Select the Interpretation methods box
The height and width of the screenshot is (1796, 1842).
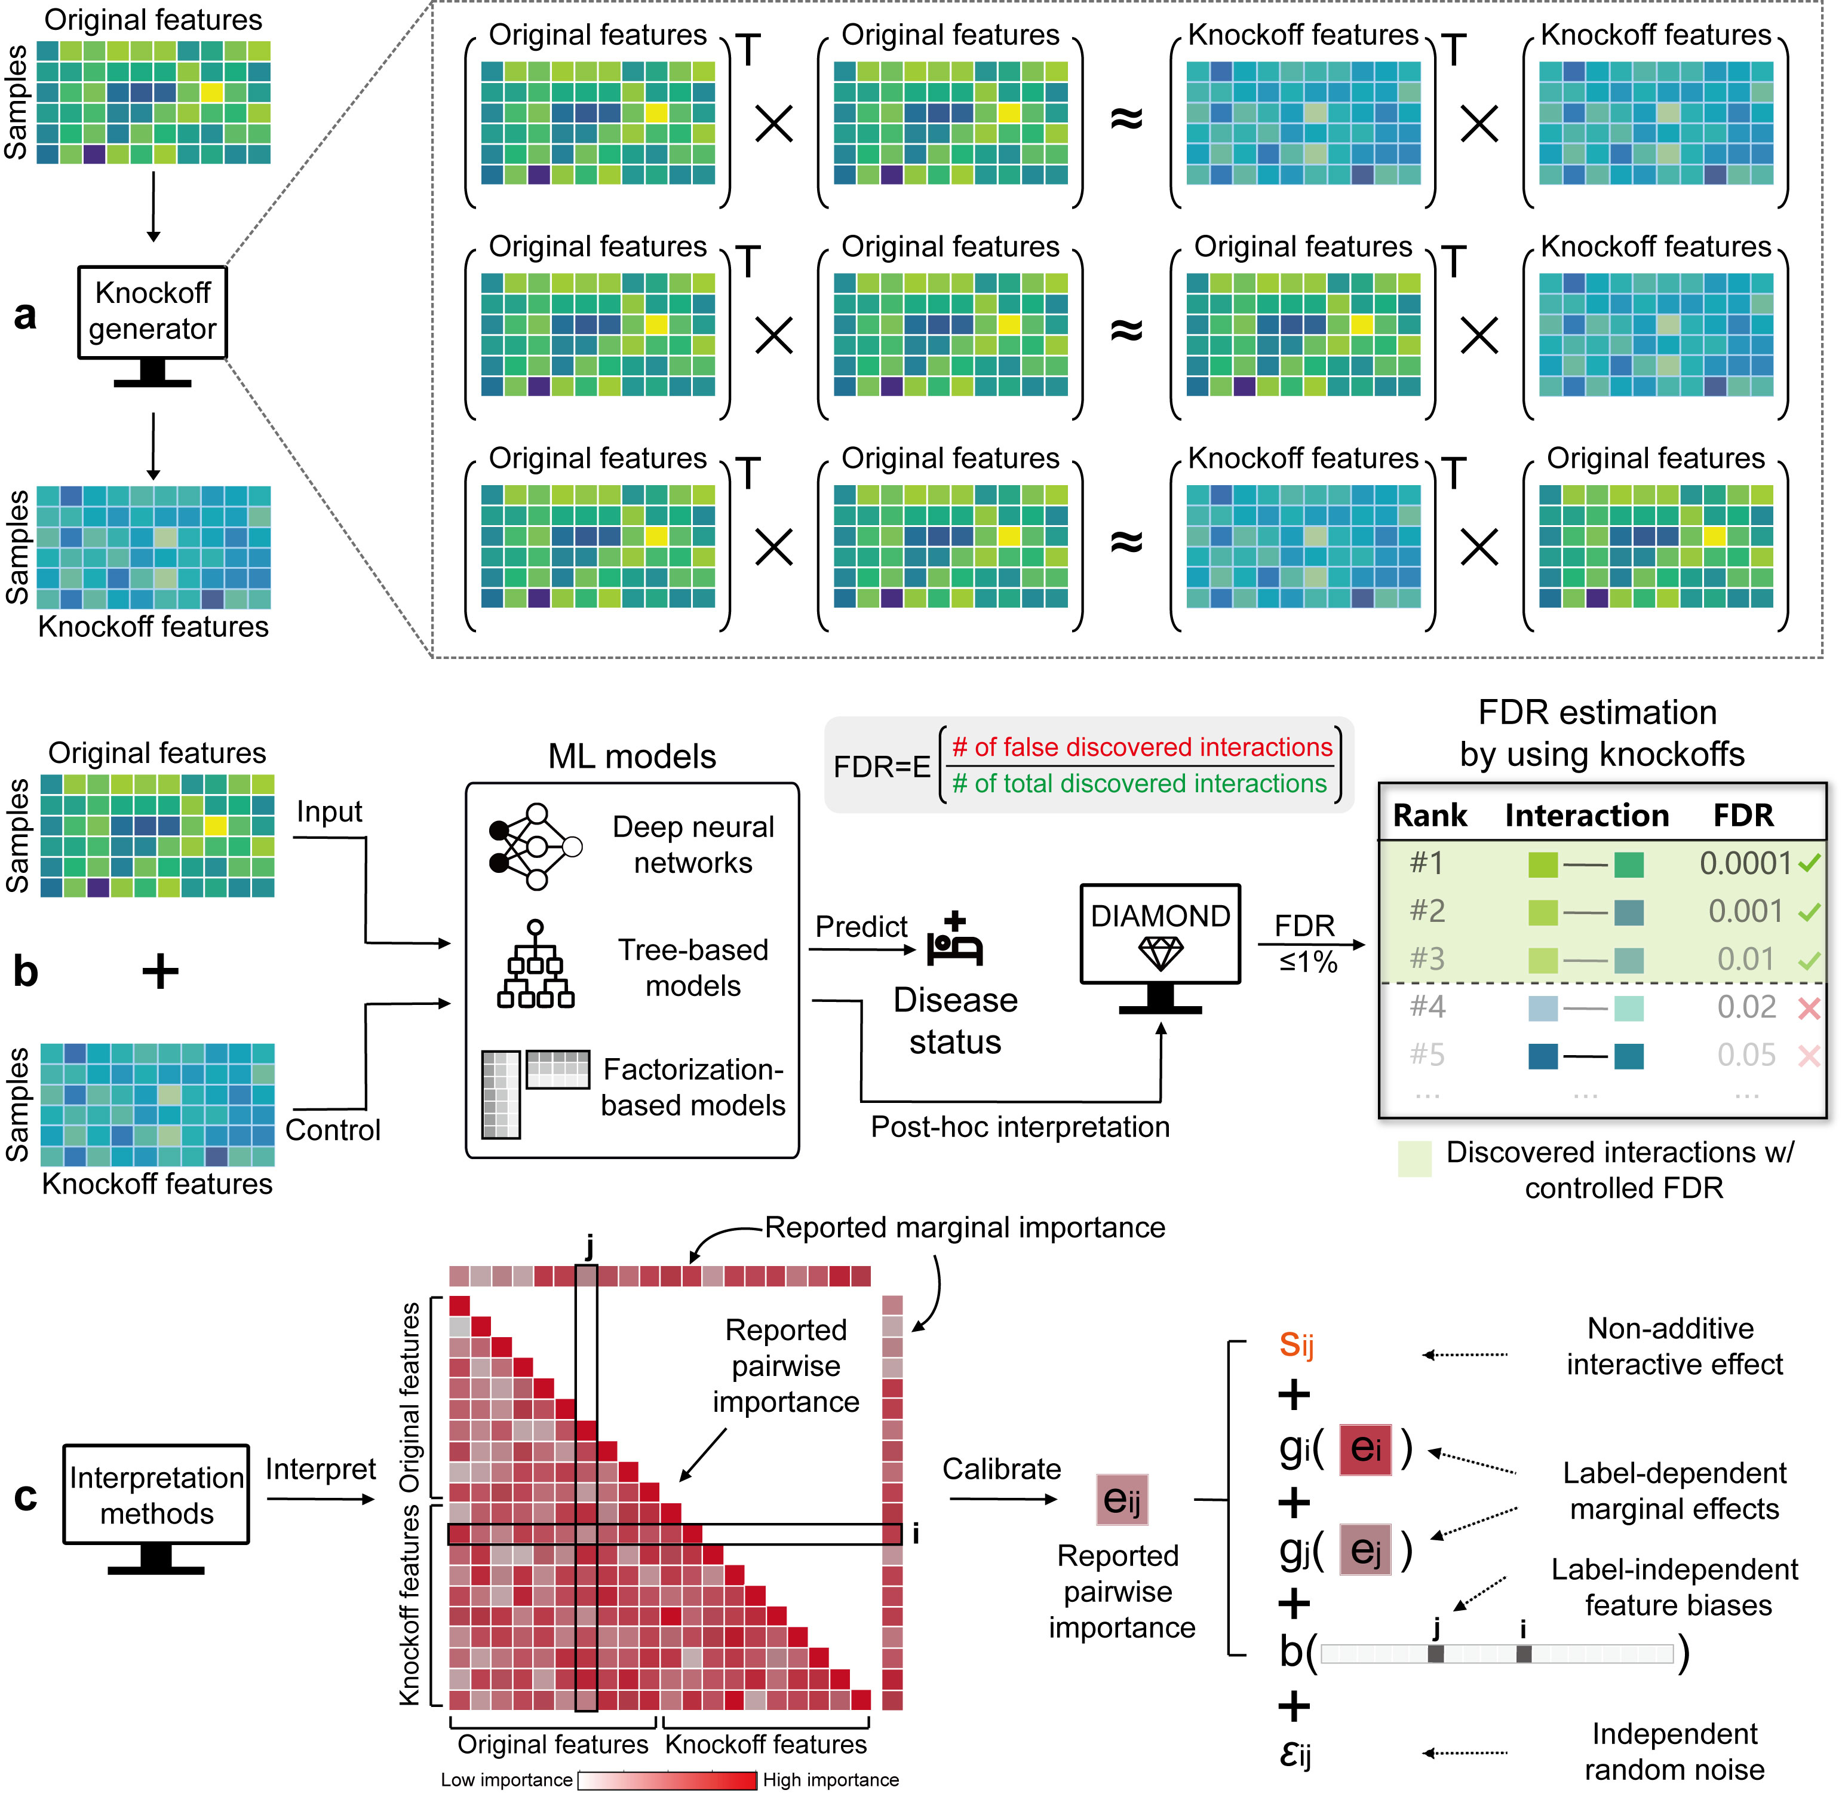pyautogui.click(x=156, y=1494)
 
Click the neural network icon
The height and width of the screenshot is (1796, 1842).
pyautogui.click(x=535, y=846)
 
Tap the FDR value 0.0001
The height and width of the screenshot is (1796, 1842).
pyautogui.click(x=1745, y=863)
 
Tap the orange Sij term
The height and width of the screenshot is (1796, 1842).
pyautogui.click(x=1296, y=1344)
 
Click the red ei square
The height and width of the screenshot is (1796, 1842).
pyautogui.click(x=1365, y=1448)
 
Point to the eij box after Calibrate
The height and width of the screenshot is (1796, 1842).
pyautogui.click(x=1122, y=1499)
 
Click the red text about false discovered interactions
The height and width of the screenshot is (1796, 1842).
pyautogui.click(x=1142, y=747)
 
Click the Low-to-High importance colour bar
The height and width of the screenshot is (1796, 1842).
pyautogui.click(x=667, y=1780)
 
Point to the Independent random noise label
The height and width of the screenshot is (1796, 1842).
pyautogui.click(x=1674, y=1752)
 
